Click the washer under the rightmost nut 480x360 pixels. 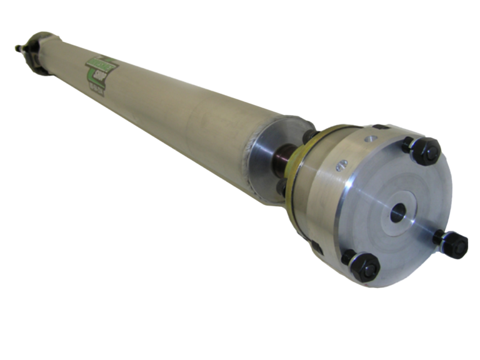click(441, 238)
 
